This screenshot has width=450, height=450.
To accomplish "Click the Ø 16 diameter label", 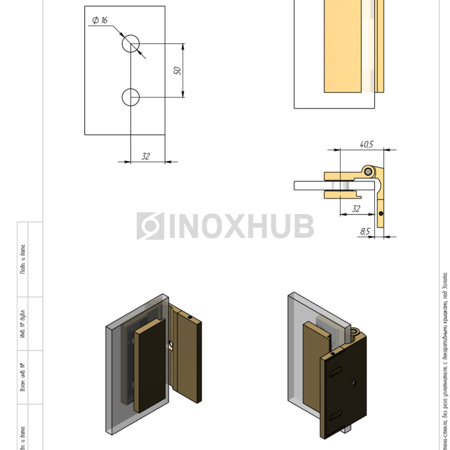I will (100, 21).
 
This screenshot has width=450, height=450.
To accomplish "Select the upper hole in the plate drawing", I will (131, 43).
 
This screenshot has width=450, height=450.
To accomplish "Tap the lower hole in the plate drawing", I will (130, 97).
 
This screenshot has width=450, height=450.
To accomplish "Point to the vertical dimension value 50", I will (177, 69).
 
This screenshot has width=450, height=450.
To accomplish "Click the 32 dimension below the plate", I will (146, 156).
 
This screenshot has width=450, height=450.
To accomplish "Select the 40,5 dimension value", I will (366, 145).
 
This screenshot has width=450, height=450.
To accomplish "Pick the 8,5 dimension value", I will (365, 231).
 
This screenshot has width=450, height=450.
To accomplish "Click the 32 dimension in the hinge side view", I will (355, 209).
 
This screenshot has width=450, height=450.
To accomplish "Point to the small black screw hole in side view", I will (381, 213).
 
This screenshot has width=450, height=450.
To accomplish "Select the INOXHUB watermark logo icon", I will (150, 226).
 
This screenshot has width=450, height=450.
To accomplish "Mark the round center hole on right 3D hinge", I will (354, 382).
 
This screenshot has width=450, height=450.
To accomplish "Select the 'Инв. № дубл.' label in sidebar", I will (22, 323).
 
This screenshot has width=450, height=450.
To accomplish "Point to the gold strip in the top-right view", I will (343, 45).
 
